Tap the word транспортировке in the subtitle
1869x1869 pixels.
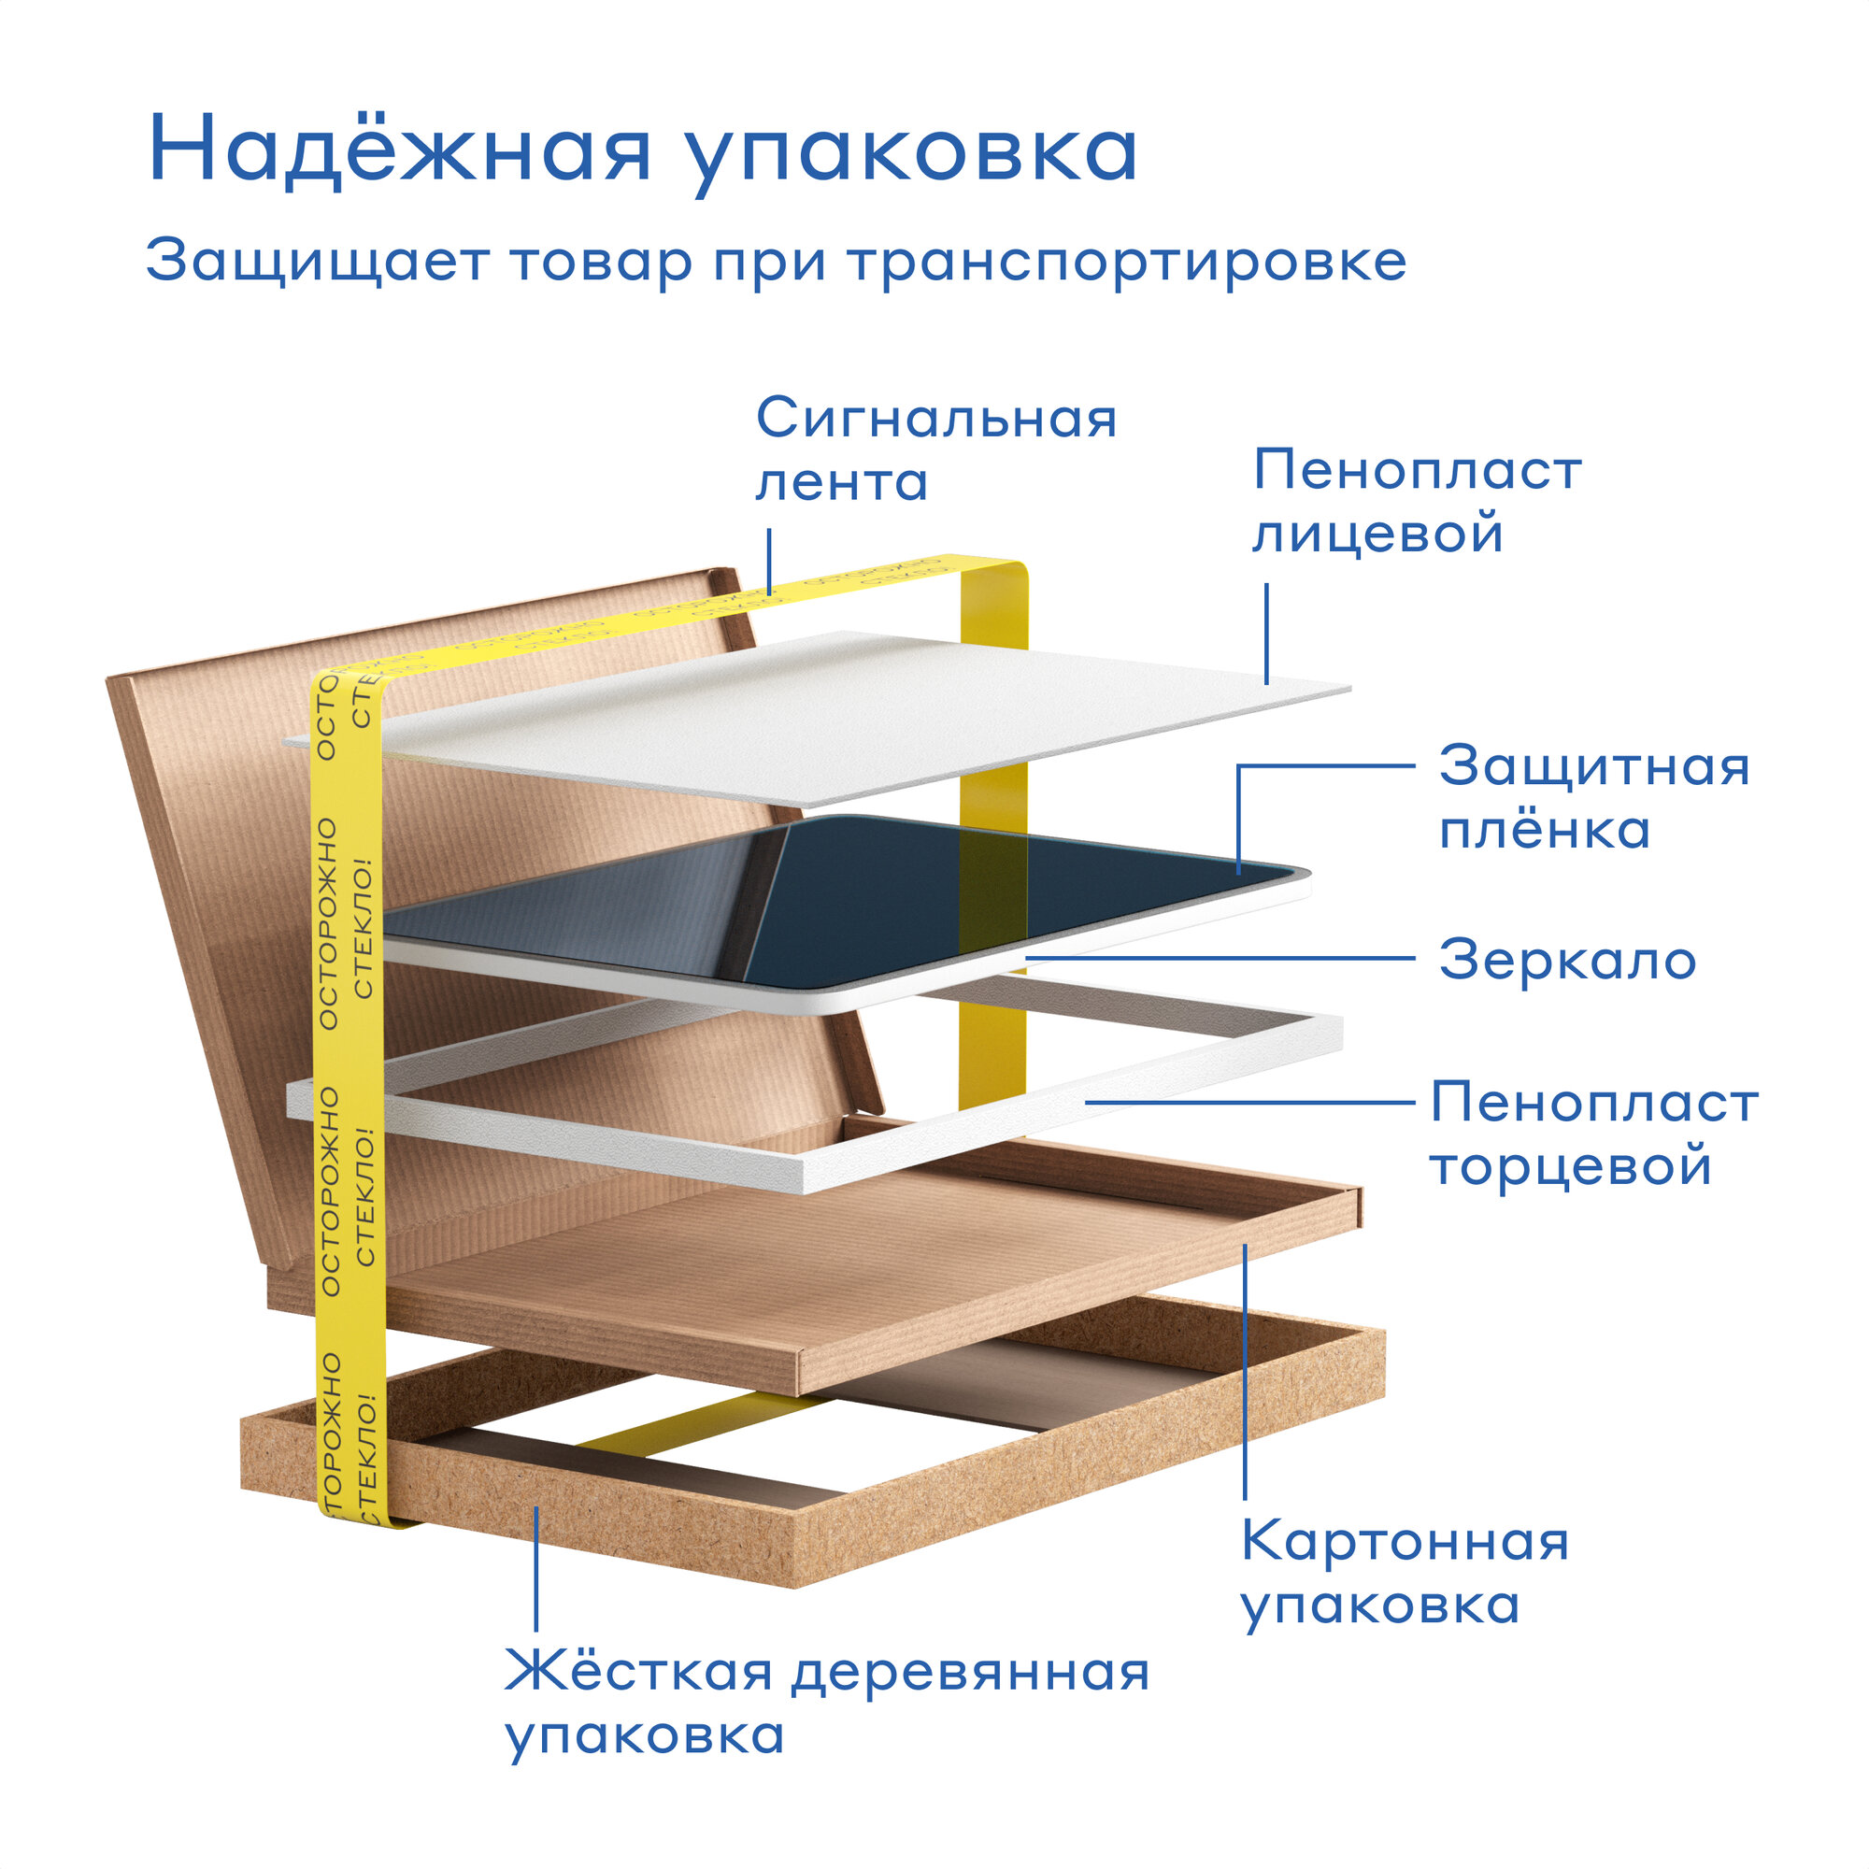click(1127, 262)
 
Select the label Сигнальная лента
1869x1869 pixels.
click(934, 449)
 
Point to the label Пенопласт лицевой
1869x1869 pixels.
click(1418, 501)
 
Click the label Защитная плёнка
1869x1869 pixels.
click(1593, 798)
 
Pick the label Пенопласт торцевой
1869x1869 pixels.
click(1593, 1134)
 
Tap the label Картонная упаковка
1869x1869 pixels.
click(1405, 1572)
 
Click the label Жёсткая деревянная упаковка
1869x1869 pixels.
click(827, 1703)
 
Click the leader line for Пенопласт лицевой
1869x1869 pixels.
click(1266, 634)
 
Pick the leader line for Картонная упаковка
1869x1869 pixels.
click(1245, 1374)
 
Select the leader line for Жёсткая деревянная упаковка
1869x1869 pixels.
click(535, 1567)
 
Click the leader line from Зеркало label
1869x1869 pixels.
click(1219, 959)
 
